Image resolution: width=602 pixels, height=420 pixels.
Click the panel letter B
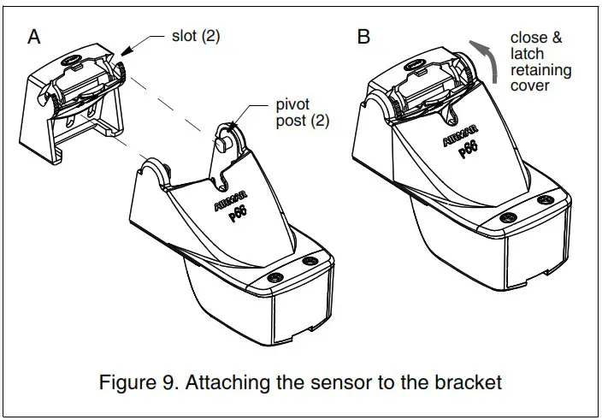point(363,37)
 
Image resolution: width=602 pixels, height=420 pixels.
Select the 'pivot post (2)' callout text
point(301,111)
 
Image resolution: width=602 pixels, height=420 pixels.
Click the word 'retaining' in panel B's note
point(541,69)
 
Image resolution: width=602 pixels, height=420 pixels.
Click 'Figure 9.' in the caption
point(146,382)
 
